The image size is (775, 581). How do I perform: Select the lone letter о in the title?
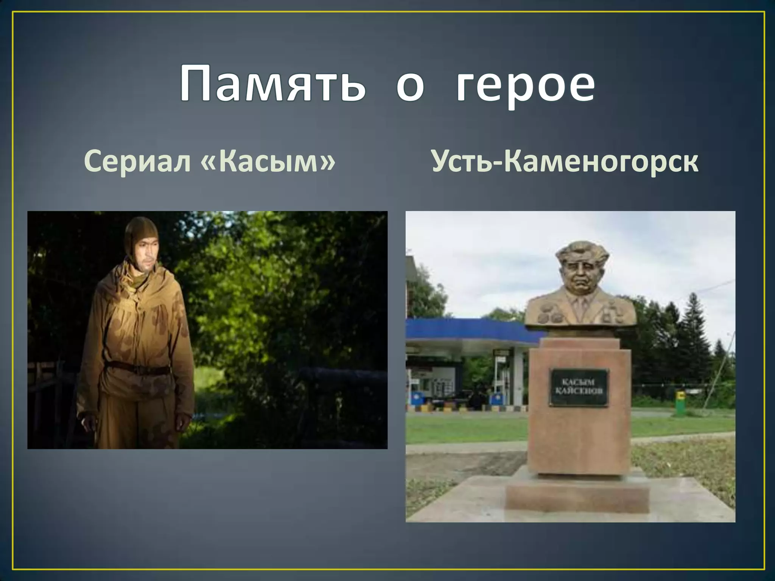[x=410, y=86]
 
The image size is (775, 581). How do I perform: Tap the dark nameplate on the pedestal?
[x=579, y=388]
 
